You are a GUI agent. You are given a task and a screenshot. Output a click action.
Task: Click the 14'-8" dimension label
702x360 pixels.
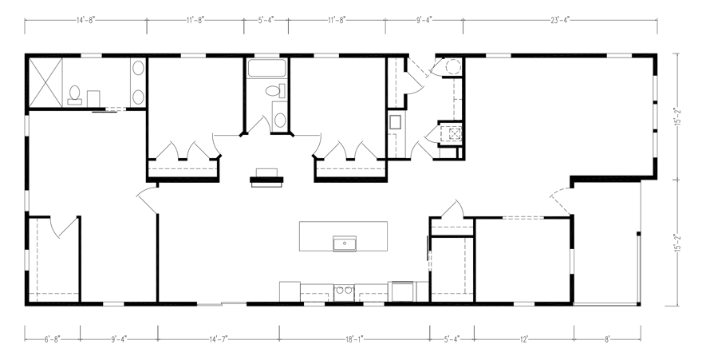pyautogui.click(x=86, y=20)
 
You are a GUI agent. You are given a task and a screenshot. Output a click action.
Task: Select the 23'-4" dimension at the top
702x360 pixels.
pyautogui.click(x=560, y=20)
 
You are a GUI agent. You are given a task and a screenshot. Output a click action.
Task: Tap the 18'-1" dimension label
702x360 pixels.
pyautogui.click(x=354, y=339)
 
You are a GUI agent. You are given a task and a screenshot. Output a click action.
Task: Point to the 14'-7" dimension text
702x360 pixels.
pyautogui.click(x=219, y=339)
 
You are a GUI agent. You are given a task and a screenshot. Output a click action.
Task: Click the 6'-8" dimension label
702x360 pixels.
pyautogui.click(x=53, y=339)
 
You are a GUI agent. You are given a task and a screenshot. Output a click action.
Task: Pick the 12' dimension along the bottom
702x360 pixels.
pyautogui.click(x=524, y=339)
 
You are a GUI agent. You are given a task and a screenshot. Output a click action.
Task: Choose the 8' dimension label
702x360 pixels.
pyautogui.click(x=607, y=339)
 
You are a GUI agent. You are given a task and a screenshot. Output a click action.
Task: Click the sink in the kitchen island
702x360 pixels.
pyautogui.click(x=345, y=243)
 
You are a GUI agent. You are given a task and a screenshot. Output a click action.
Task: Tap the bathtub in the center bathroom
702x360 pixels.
pyautogui.click(x=266, y=68)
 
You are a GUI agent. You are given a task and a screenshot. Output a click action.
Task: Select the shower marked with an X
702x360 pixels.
pyautogui.click(x=45, y=82)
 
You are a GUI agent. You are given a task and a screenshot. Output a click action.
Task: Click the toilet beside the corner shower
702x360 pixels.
pyautogui.click(x=74, y=95)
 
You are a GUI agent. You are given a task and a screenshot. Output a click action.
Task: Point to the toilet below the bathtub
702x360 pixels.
pyautogui.click(x=275, y=91)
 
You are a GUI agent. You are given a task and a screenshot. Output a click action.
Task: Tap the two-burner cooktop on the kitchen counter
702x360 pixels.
pyautogui.click(x=344, y=292)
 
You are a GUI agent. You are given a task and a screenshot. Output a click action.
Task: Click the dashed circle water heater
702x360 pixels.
pyautogui.click(x=453, y=67)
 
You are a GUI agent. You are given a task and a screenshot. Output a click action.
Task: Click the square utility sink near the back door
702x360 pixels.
pyautogui.click(x=395, y=122)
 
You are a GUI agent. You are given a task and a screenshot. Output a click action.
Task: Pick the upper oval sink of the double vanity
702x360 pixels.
pyautogui.click(x=138, y=68)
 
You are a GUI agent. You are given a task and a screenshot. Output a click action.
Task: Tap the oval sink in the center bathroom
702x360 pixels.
pyautogui.click(x=280, y=120)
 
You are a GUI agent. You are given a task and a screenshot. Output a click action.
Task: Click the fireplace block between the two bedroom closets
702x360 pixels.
pyautogui.click(x=266, y=177)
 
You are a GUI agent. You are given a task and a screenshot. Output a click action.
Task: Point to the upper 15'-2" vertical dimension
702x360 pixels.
pyautogui.click(x=679, y=117)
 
